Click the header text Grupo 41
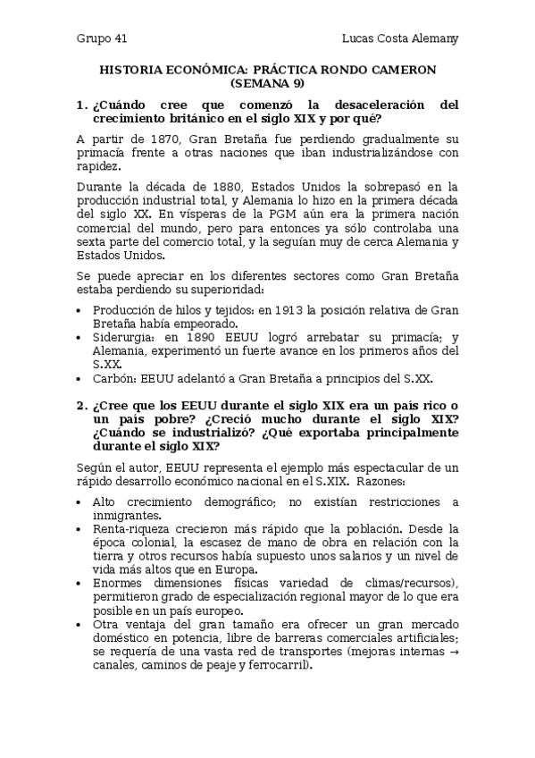coord(102,39)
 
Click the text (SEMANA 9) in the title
coord(267,83)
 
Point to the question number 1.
coord(80,105)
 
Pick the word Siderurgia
coord(124,337)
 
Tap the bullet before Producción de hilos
coord(80,310)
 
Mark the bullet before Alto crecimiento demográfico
coord(80,501)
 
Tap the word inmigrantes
coord(127,515)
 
